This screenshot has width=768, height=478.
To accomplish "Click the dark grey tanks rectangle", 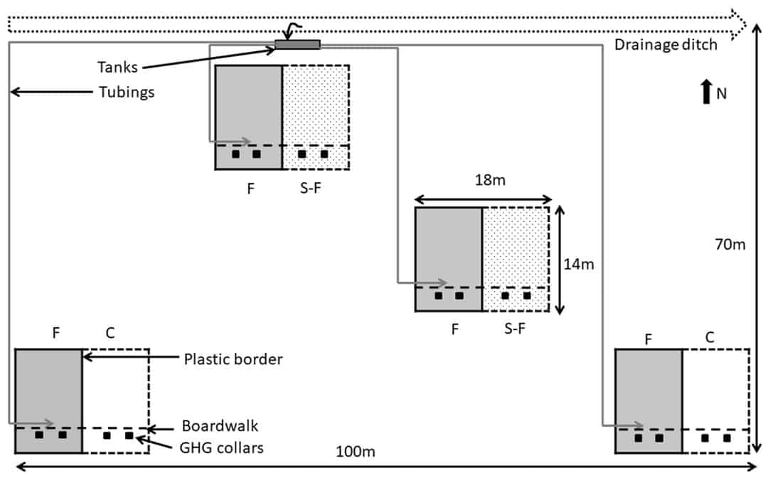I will [x=297, y=46].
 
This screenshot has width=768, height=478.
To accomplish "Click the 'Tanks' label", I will [x=117, y=68].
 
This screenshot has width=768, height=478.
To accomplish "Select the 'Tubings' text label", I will [x=126, y=92].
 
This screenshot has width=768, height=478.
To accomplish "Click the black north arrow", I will [x=706, y=92].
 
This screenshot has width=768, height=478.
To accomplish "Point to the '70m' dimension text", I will [x=730, y=245].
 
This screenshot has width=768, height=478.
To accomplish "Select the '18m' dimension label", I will [x=490, y=181].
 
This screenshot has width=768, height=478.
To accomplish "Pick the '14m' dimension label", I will [x=578, y=265].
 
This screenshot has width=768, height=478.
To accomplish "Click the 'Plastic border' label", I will [x=233, y=359].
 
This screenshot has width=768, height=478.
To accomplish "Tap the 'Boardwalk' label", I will [x=220, y=426].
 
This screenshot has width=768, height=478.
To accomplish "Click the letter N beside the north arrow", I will [x=721, y=93].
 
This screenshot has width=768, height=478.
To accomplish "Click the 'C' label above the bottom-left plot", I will [x=110, y=332].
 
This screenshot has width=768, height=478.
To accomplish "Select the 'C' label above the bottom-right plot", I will [x=709, y=339].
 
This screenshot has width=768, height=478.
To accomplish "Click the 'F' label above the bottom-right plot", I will [x=649, y=339].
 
